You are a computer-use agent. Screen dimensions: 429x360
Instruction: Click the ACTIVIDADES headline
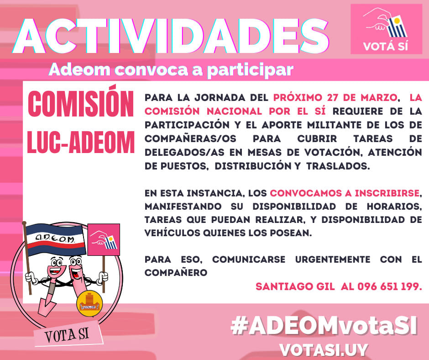[x=171, y=36]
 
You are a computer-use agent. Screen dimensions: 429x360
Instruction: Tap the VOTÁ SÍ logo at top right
[x=386, y=29]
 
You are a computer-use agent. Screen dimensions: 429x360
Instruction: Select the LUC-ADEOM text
[x=81, y=142]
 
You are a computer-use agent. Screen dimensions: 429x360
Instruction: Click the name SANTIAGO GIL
[x=295, y=286]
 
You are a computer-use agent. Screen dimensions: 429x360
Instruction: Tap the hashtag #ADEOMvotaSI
[x=324, y=326]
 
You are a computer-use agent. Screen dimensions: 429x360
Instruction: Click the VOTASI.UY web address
[x=324, y=350]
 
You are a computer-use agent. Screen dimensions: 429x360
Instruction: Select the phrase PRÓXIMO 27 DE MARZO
[x=335, y=97]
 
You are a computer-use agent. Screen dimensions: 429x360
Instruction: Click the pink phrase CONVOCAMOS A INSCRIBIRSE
[x=345, y=193]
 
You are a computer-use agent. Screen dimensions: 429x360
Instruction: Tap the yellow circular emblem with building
[x=89, y=303]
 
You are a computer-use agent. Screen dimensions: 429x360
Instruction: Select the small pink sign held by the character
[x=104, y=240]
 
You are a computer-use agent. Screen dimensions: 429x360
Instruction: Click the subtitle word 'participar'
[x=250, y=70]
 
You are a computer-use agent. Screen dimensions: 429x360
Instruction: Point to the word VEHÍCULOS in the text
[x=173, y=233]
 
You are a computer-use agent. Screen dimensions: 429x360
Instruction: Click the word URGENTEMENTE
[x=332, y=259]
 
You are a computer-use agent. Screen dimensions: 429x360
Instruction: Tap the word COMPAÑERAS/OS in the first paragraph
[x=190, y=138]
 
